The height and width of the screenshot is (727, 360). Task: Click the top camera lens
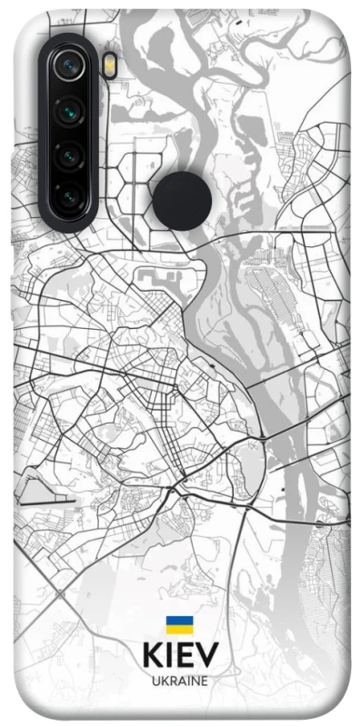pyautogui.click(x=69, y=65)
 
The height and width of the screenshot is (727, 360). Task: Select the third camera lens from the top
pyautogui.click(x=69, y=156)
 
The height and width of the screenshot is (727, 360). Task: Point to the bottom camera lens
pyautogui.click(x=69, y=195)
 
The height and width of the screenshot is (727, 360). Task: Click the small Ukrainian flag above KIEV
pyautogui.click(x=179, y=624)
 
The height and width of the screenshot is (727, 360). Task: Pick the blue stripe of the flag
pyautogui.click(x=179, y=621)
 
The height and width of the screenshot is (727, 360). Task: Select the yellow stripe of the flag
pyautogui.click(x=179, y=629)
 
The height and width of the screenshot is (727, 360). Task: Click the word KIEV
pyautogui.click(x=180, y=654)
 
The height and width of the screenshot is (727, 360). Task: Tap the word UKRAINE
pyautogui.click(x=180, y=681)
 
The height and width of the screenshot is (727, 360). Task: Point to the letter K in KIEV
pyautogui.click(x=153, y=654)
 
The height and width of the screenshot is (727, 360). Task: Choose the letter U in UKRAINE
pyautogui.click(x=155, y=681)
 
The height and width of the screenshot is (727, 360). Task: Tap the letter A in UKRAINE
pyautogui.click(x=177, y=681)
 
